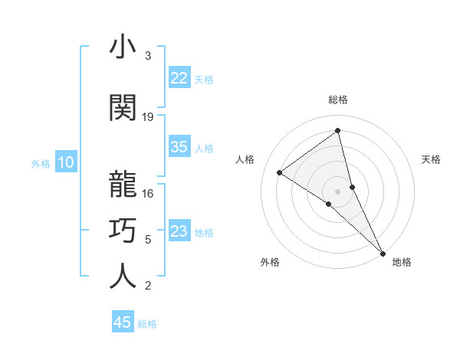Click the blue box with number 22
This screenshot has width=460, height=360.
(x=179, y=78)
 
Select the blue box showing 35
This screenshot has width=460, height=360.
(x=179, y=147)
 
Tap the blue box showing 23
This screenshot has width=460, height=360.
(x=179, y=231)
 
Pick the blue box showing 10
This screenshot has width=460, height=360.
(x=65, y=162)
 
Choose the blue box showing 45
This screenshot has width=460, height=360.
(x=123, y=322)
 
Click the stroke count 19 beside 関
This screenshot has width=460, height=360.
(x=148, y=117)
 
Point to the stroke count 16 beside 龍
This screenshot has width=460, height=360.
(x=148, y=194)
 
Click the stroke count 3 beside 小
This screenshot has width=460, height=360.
(x=148, y=56)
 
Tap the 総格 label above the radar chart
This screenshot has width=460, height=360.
(x=337, y=100)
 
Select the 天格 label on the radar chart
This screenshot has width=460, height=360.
(x=431, y=159)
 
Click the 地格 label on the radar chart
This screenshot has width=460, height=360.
(x=402, y=262)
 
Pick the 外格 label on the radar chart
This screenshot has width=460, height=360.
(x=270, y=262)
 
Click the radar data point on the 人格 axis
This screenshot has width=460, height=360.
(x=280, y=172)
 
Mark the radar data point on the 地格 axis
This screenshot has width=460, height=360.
(x=383, y=252)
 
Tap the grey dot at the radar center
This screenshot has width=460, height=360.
(x=337, y=190)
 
